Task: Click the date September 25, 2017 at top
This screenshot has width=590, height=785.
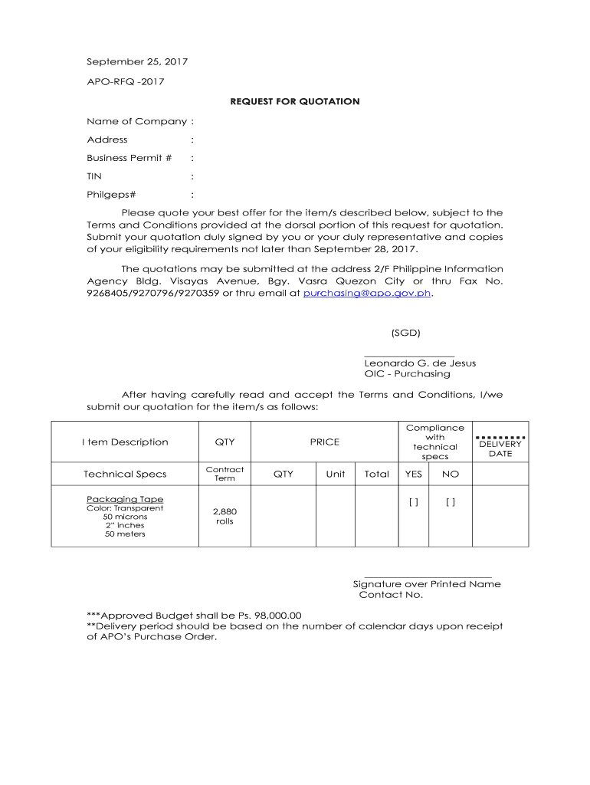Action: click(137, 61)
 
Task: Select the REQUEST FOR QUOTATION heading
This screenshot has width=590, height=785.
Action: click(295, 101)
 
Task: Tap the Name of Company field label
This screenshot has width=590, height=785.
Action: click(137, 121)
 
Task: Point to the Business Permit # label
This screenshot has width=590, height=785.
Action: click(129, 158)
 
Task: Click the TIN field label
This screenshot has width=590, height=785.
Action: click(94, 176)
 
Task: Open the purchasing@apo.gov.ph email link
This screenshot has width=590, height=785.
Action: click(368, 294)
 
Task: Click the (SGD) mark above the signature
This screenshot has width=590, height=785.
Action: click(405, 333)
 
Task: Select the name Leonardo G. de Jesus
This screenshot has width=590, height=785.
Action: click(420, 363)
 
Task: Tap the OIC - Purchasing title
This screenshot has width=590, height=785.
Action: click(407, 374)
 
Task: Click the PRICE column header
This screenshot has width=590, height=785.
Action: click(324, 442)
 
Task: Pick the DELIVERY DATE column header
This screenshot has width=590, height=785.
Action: click(500, 448)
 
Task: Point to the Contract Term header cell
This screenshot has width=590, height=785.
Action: click(225, 474)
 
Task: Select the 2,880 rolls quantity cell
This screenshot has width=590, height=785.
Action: click(225, 516)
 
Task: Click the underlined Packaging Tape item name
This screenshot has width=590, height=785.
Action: click(125, 499)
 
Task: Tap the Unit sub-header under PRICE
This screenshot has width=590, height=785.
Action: click(336, 475)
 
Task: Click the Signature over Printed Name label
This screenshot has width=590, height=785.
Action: click(427, 584)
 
